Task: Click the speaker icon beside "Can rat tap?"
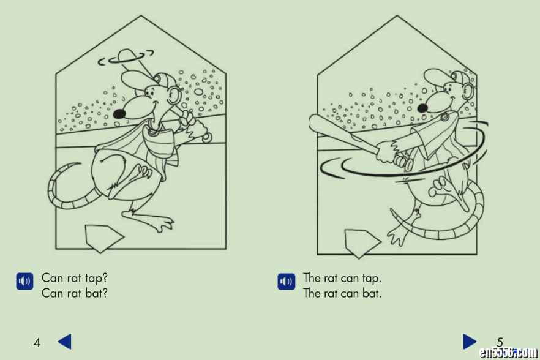[x=24, y=281]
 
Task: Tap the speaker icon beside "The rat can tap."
[x=286, y=282]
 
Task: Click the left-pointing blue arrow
[x=65, y=342]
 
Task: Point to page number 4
[x=37, y=342]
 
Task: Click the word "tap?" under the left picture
[x=96, y=279]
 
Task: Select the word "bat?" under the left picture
[x=97, y=293]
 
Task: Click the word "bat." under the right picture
[x=372, y=293]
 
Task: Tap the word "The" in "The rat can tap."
[x=312, y=278]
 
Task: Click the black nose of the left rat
[x=119, y=114]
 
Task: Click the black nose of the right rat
[x=422, y=108]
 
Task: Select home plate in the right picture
[x=362, y=243]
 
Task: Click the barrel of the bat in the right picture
[x=327, y=128]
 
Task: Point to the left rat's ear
[x=174, y=96]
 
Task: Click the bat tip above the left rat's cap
[x=126, y=54]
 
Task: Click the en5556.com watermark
[x=508, y=352]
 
